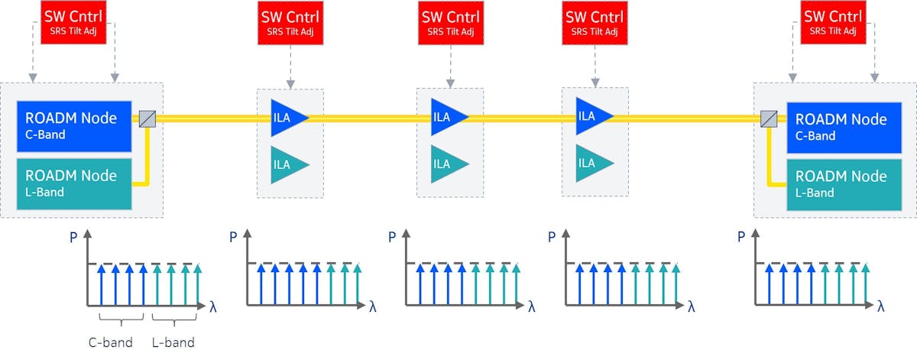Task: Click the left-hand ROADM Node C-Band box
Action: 73,125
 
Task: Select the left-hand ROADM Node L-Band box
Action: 73,183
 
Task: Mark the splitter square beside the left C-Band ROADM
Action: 147,118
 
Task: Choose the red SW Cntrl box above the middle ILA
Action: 450,22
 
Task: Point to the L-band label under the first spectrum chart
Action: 173,341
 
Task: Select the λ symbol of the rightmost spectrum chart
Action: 881,306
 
